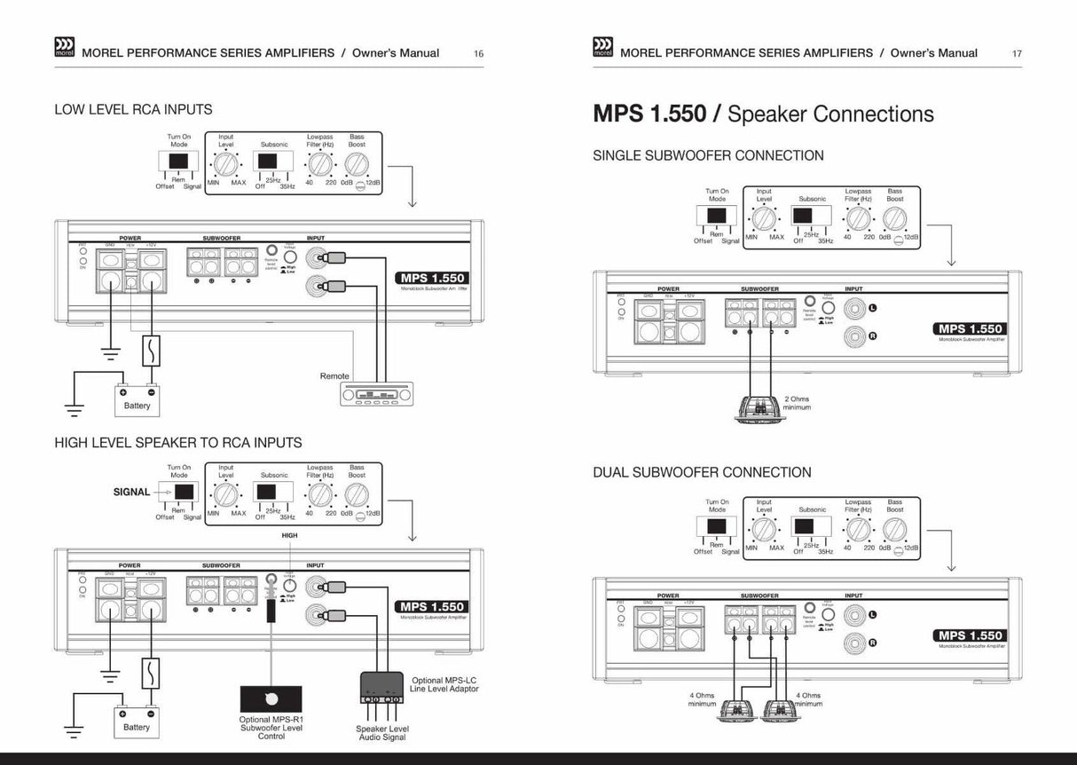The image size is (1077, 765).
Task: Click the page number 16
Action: [479, 53]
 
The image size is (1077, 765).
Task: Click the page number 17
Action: [1017, 53]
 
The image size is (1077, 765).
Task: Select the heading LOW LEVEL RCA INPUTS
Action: [133, 110]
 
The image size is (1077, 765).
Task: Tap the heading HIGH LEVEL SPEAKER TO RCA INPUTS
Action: [177, 442]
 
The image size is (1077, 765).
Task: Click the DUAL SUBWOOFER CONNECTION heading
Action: [702, 472]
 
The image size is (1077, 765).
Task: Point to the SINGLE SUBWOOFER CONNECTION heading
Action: [708, 155]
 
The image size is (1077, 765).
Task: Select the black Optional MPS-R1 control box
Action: [271, 698]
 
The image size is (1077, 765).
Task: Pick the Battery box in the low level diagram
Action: [137, 399]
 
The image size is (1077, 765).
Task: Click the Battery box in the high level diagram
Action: [137, 722]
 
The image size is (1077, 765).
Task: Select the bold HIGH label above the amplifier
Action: [289, 536]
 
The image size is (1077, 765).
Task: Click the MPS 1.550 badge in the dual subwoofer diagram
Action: [970, 635]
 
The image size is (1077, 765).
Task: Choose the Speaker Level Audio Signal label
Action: [381, 732]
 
